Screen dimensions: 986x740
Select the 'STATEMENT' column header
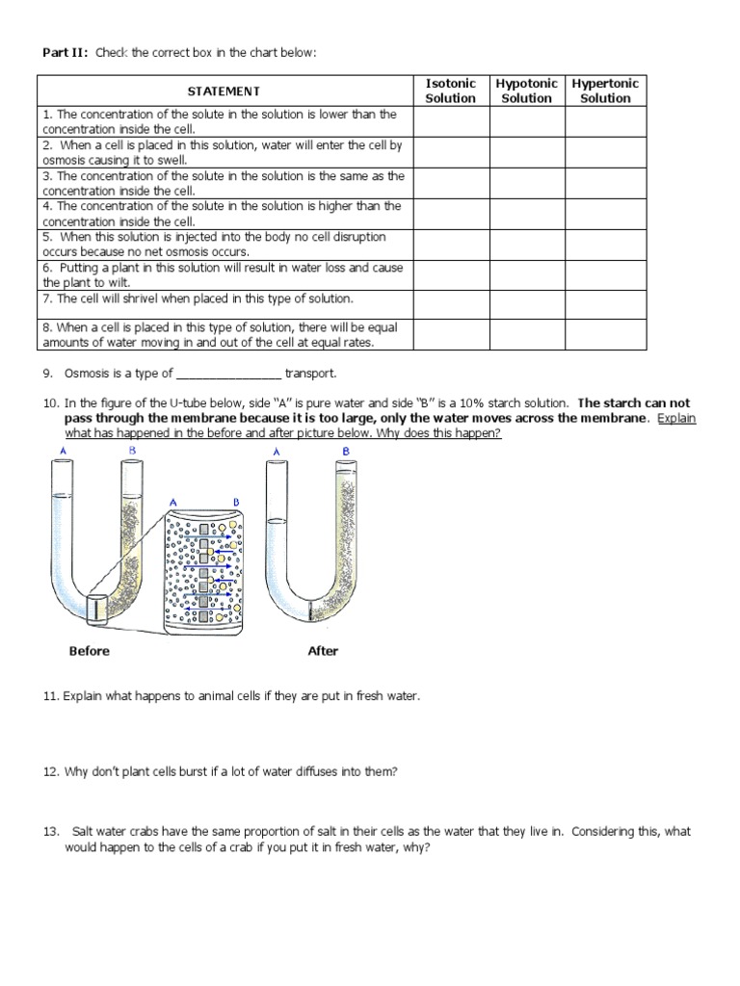click(224, 91)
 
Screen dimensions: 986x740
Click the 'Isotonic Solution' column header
click(450, 91)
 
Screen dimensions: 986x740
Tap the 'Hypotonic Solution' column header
click(527, 91)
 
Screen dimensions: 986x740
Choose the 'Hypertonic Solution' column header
click(605, 91)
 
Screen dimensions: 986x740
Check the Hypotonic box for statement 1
click(527, 121)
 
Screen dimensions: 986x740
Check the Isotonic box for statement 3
click(450, 183)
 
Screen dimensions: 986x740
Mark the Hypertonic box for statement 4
click(605, 213)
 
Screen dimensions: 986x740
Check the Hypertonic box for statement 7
click(605, 303)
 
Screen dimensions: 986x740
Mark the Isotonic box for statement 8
click(450, 334)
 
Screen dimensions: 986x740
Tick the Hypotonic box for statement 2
click(527, 152)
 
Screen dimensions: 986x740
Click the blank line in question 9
click(229, 374)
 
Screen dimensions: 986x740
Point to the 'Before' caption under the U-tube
click(90, 651)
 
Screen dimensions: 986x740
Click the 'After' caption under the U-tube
click(323, 651)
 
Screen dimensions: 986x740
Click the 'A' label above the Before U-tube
click(63, 450)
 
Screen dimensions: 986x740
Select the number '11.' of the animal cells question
click(51, 695)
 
